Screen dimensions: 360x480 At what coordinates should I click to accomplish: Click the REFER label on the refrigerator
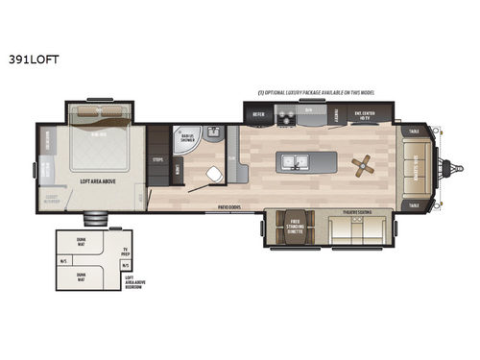click(258, 114)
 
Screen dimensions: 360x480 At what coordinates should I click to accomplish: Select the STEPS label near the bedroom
click(156, 159)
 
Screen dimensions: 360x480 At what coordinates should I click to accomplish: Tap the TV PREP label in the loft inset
click(125, 254)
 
